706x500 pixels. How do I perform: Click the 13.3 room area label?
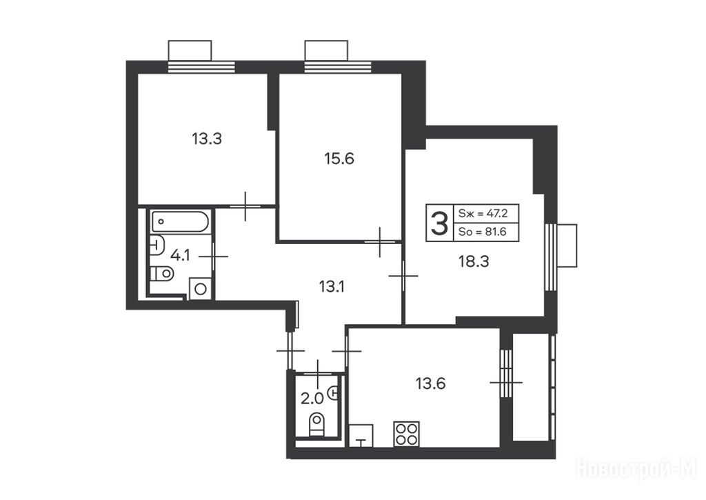[207, 139]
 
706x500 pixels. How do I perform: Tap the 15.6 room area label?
[339, 159]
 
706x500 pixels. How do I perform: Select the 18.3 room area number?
[474, 261]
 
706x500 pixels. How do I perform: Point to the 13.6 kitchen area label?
[430, 383]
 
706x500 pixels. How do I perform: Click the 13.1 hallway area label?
[332, 286]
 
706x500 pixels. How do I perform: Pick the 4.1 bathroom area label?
[180, 256]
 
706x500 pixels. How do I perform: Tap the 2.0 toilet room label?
[312, 399]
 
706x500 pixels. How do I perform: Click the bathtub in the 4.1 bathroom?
[180, 221]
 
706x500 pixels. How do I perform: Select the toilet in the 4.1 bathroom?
[161, 273]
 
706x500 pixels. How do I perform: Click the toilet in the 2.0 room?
[317, 424]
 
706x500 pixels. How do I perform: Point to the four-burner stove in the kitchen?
[407, 434]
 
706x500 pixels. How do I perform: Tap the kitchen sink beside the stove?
[361, 435]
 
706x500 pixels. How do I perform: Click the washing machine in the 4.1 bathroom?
[201, 288]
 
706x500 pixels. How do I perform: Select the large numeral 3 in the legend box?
[439, 223]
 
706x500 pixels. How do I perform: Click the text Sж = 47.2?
[483, 213]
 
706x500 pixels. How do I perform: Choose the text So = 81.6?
[482, 232]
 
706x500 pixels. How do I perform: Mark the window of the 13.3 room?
[201, 67]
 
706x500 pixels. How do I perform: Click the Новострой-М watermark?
[636, 469]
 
